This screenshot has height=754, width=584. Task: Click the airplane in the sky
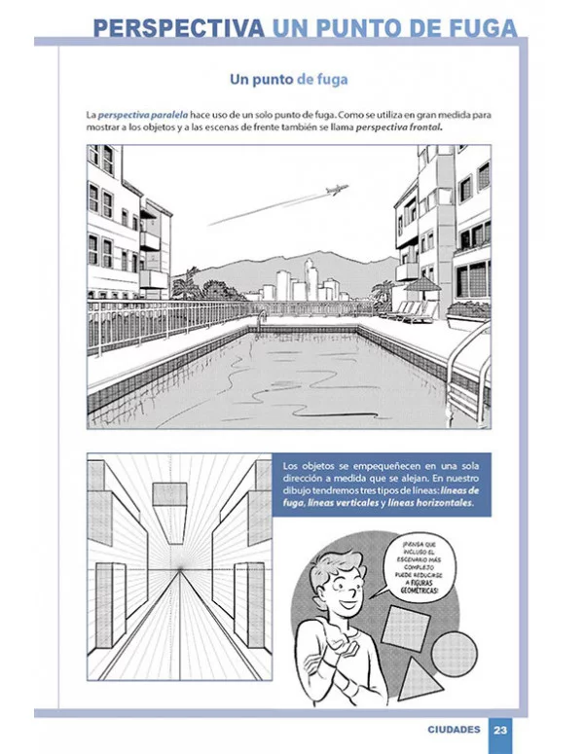coord(336,190)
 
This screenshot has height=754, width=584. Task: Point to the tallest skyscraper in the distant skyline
coord(309,276)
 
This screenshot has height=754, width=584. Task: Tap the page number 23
coord(500,730)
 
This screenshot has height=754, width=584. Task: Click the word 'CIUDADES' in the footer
coord(454,730)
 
